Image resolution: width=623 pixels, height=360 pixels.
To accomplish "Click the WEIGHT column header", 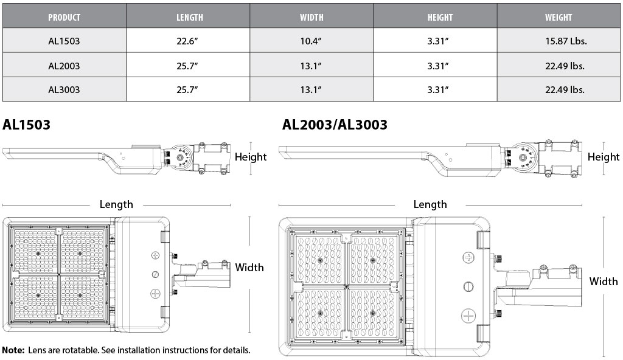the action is pos(559,17).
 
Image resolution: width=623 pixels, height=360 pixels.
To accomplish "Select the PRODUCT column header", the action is pos(64,17).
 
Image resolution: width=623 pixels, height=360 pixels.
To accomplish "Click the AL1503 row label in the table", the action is pos(64,41).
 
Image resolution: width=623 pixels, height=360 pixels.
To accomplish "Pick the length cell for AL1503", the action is pos(187,41).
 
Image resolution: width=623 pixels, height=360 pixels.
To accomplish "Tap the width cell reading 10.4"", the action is pos(311,41).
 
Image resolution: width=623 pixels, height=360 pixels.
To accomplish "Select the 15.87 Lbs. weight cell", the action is pos(566,41).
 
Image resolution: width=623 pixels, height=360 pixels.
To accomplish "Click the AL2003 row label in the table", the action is pos(64,66).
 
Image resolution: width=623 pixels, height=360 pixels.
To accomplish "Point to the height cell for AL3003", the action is pos(438,89).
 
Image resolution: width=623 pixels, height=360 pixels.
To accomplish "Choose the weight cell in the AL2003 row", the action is pos(565,66).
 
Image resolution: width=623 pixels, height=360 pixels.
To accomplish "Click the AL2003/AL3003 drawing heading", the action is pos(335,125).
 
